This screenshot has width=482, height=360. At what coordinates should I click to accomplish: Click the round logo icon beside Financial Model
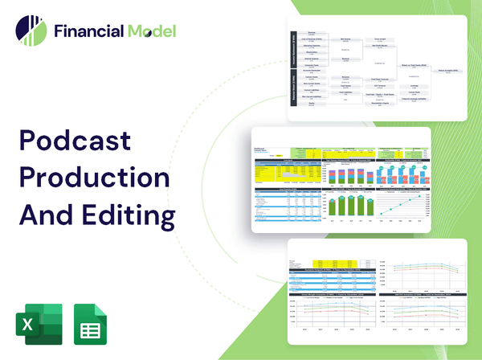pos(31,31)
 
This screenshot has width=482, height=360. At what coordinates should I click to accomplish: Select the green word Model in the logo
pos(153,32)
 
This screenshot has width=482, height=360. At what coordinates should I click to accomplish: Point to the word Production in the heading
pos(92,178)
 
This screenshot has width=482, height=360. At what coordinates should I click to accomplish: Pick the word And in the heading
pos(44,215)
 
